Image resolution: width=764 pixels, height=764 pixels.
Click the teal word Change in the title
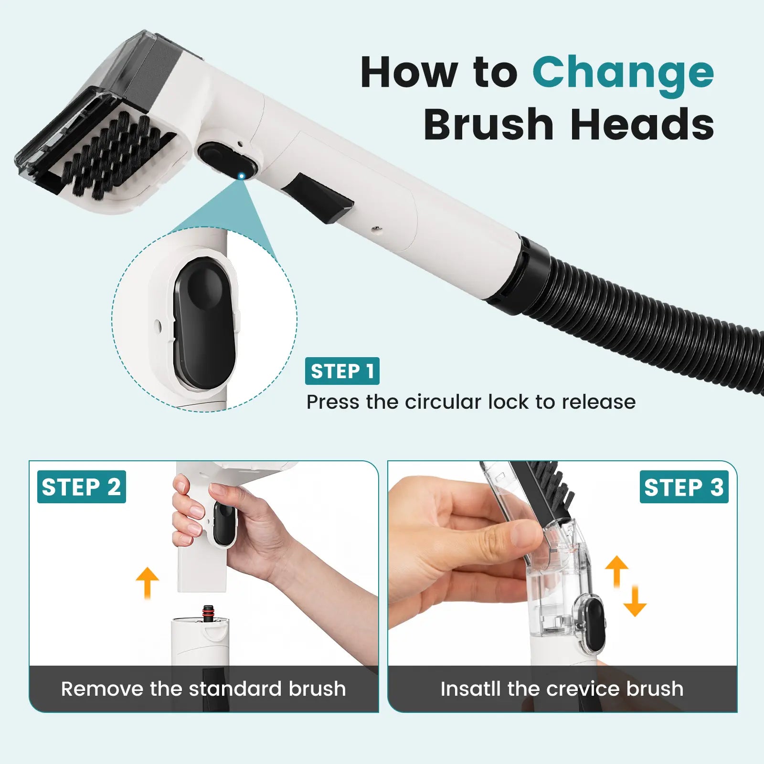coord(623,74)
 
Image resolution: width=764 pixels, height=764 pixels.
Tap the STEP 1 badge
coord(342,371)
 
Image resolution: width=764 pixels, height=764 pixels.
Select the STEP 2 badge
coord(81,487)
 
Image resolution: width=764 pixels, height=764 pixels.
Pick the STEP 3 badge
coord(684,487)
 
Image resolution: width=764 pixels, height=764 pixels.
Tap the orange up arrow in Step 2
coord(147,583)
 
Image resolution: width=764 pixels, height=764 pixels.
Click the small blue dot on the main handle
coord(242,176)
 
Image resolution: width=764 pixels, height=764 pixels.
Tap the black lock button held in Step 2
coord(223,523)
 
